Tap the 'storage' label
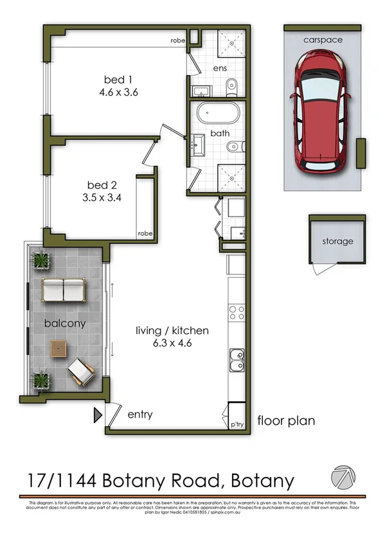(x=337, y=242)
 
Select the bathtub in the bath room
(x=218, y=116)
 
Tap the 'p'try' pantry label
(x=237, y=425)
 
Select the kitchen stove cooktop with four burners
(x=237, y=312)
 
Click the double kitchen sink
(x=237, y=359)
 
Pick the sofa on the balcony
(x=64, y=290)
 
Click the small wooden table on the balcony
(x=60, y=348)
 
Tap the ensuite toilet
(x=232, y=84)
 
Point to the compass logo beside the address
(x=342, y=477)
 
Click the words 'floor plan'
(x=286, y=421)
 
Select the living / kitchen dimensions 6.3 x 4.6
(x=172, y=343)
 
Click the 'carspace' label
(x=323, y=39)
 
